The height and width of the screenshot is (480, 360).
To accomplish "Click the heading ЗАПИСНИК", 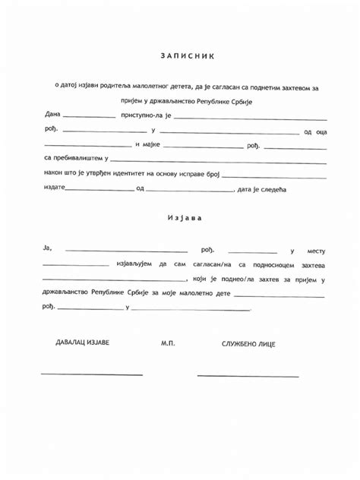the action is click(188, 55).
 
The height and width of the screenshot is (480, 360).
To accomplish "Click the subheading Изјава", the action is click(185, 218).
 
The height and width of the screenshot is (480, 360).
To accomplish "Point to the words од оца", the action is click(314, 132).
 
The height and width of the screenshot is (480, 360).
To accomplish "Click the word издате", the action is click(54, 188).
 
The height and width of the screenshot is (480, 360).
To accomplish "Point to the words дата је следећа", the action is click(261, 188).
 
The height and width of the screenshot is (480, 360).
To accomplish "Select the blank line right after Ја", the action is click(126, 251).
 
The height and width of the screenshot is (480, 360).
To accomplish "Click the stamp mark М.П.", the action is click(168, 343).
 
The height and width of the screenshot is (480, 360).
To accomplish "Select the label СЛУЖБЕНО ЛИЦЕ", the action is click(248, 344).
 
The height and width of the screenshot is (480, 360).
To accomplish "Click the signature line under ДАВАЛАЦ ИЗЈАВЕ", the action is click(91, 374).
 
